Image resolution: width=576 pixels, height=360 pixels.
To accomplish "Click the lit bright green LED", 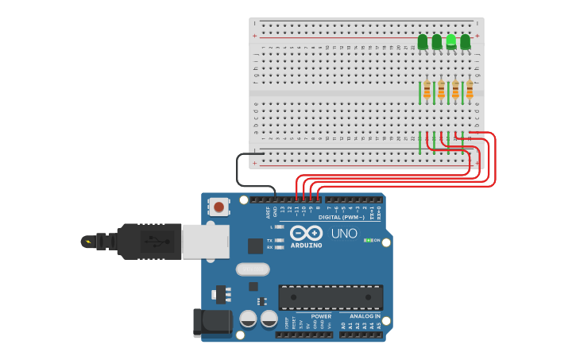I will tap(451, 41).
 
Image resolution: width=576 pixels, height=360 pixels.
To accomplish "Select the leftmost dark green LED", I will tap(423, 41).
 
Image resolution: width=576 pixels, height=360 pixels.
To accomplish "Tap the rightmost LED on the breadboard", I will tap(466, 41).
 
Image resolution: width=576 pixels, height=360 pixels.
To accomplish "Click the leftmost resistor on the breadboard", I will tap(427, 89).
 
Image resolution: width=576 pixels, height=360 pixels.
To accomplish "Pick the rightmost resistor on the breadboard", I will tap(470, 89).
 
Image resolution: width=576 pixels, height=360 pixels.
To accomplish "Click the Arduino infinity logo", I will tap(306, 233).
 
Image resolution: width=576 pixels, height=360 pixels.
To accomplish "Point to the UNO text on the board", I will tap(344, 234).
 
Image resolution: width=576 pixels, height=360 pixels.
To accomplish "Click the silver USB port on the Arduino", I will tap(205, 241).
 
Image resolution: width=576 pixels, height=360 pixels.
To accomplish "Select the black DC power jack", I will tap(213, 321).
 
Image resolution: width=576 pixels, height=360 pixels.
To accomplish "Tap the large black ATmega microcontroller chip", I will tap(331, 297).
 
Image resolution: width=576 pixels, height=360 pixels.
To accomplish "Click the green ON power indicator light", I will tap(368, 240).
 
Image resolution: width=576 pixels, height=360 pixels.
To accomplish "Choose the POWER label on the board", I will tap(321, 316).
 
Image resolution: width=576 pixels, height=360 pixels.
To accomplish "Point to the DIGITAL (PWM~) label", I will tap(342, 217).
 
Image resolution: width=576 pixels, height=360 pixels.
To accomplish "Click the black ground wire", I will tap(238, 171).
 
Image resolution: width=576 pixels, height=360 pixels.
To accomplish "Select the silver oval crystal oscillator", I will tap(253, 269).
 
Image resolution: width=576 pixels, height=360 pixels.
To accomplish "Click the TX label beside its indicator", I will tap(270, 240).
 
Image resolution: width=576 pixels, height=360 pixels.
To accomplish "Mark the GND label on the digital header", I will tap(276, 211).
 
